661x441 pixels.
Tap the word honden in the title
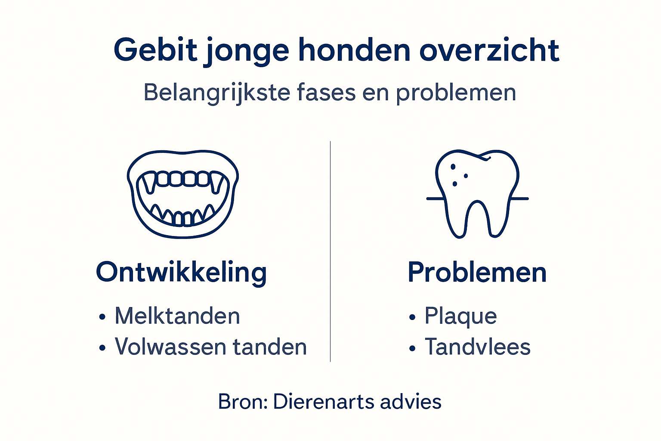tap(355, 50)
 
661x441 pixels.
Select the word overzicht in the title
tap(489, 50)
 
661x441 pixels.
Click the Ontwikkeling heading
tap(181, 273)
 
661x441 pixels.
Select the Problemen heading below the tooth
tap(477, 273)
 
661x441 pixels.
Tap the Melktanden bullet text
tap(177, 316)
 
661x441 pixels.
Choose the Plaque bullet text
tap(460, 316)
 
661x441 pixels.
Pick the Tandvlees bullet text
tap(478, 347)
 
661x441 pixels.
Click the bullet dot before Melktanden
tap(102, 318)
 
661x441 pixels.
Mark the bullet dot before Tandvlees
tap(412, 348)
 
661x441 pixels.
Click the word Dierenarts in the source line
tap(319, 402)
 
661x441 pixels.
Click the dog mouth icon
tap(183, 194)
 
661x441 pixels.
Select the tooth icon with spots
tap(477, 193)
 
